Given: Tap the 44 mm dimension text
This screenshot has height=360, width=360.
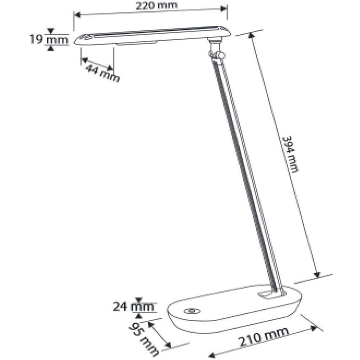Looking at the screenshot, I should pos(102,73).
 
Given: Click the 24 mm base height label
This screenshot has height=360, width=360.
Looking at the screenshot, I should pos(133,307).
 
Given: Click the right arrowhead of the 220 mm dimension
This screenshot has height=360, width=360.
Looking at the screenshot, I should pos(224,9).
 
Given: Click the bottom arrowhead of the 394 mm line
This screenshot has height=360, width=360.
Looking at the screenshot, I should pos(318,274).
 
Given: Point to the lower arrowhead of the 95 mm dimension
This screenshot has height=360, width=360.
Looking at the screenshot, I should pos(168,346).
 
